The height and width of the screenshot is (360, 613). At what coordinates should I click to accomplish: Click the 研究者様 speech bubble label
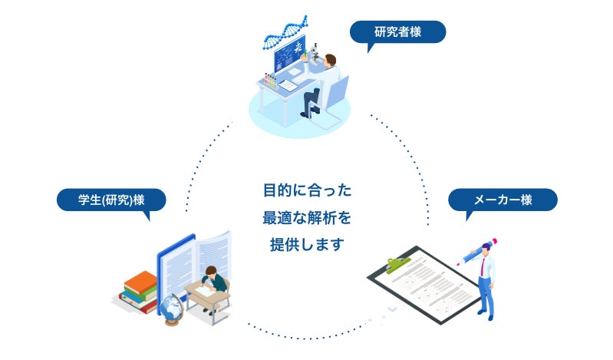[x=397, y=32]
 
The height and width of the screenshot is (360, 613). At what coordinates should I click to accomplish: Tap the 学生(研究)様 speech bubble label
[x=111, y=200]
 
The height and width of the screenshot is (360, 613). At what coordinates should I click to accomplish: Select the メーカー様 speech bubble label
[x=503, y=200]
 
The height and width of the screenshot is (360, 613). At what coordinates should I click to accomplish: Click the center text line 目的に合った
[x=306, y=190]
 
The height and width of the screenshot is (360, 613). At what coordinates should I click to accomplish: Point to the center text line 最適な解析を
[x=306, y=218]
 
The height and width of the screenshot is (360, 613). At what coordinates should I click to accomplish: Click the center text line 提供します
[x=306, y=246]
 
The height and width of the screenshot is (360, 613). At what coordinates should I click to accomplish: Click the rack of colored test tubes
[x=269, y=79]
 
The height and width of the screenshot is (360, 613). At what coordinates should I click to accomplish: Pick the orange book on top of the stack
[x=138, y=277]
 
